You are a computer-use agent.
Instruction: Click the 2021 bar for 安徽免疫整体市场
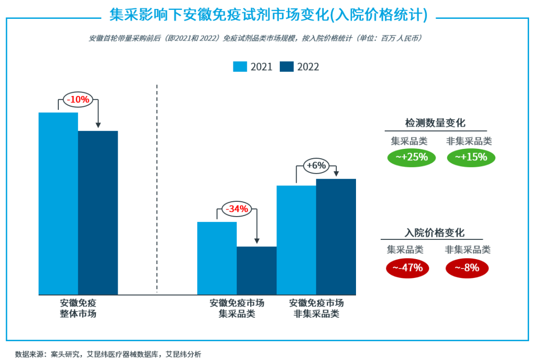click(58, 203)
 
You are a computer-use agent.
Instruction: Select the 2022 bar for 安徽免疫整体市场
click(98, 213)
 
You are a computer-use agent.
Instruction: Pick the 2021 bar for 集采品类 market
click(217, 258)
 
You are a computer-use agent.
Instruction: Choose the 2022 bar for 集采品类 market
click(257, 270)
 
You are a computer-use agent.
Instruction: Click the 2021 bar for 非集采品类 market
click(296, 240)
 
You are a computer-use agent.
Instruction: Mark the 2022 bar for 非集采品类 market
click(336, 236)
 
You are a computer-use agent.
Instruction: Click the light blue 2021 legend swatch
click(240, 67)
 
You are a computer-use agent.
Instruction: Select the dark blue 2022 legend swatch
click(287, 67)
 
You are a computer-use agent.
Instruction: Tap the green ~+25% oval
click(411, 157)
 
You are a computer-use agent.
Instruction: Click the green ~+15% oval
click(471, 157)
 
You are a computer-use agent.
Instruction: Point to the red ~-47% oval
click(407, 268)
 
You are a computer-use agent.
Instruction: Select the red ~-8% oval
click(467, 268)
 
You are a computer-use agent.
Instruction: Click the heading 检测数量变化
click(435, 123)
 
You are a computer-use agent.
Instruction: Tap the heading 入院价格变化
click(435, 233)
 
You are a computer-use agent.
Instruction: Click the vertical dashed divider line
click(157, 188)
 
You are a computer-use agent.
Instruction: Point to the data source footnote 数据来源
click(108, 354)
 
